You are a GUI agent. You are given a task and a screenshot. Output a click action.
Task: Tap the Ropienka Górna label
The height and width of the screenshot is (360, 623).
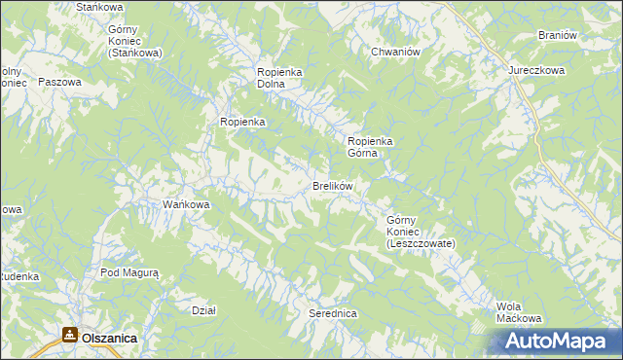pos(369,146)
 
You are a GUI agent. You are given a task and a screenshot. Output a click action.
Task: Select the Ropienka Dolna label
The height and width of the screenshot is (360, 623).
pos(282,78)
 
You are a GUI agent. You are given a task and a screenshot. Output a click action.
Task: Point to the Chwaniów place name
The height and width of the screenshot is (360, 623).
pos(394,52)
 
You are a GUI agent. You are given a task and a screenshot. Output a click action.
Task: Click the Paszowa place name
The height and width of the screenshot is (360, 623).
pos(58,83)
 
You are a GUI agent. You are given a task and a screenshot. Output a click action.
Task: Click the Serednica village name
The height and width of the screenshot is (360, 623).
pos(333,314)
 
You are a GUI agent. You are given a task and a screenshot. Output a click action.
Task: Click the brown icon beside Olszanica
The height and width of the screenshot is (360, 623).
pos(69,336)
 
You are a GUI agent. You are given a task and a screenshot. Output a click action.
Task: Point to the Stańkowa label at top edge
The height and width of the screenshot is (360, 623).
pos(97,7)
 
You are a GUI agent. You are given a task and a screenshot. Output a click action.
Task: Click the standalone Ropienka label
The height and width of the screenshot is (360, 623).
pos(242,122)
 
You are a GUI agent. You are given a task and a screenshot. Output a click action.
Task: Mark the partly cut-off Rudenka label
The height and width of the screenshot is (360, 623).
pos(18,276)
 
